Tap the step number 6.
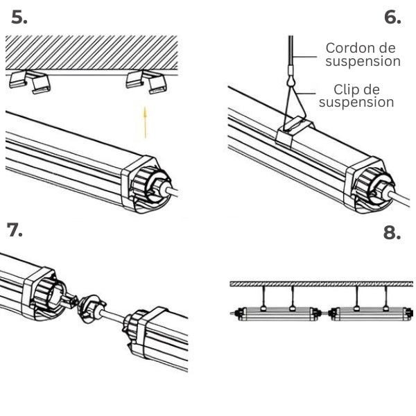click(x=392, y=18)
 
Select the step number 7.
click(x=15, y=229)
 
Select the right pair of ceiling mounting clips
click(x=147, y=82)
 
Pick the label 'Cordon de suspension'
click(x=362, y=55)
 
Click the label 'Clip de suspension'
click(x=358, y=96)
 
